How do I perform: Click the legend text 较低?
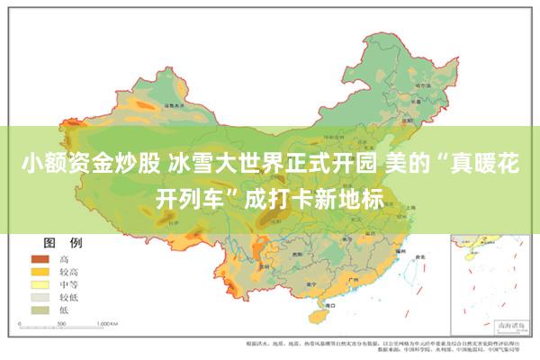click(x=68, y=296)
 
